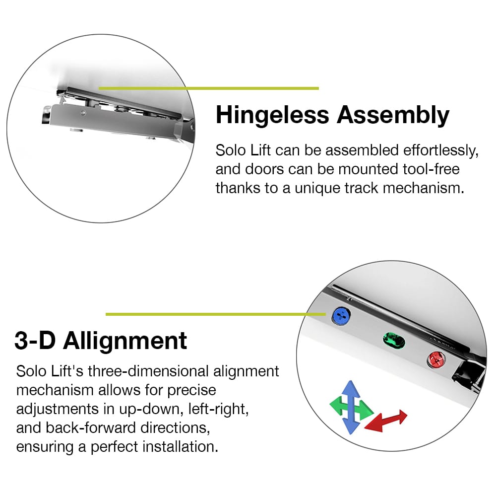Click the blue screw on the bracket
341,316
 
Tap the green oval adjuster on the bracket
394,341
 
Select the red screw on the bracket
436,359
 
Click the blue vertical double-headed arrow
351,407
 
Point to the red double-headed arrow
386,421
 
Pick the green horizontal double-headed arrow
352,407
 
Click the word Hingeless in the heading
272,115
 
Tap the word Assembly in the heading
393,115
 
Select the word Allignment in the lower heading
125,342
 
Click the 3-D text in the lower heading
35,341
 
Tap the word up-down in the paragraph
151,409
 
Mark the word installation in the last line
180,446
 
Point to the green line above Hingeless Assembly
209,88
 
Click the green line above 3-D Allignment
216,314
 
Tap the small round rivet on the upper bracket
83,113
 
